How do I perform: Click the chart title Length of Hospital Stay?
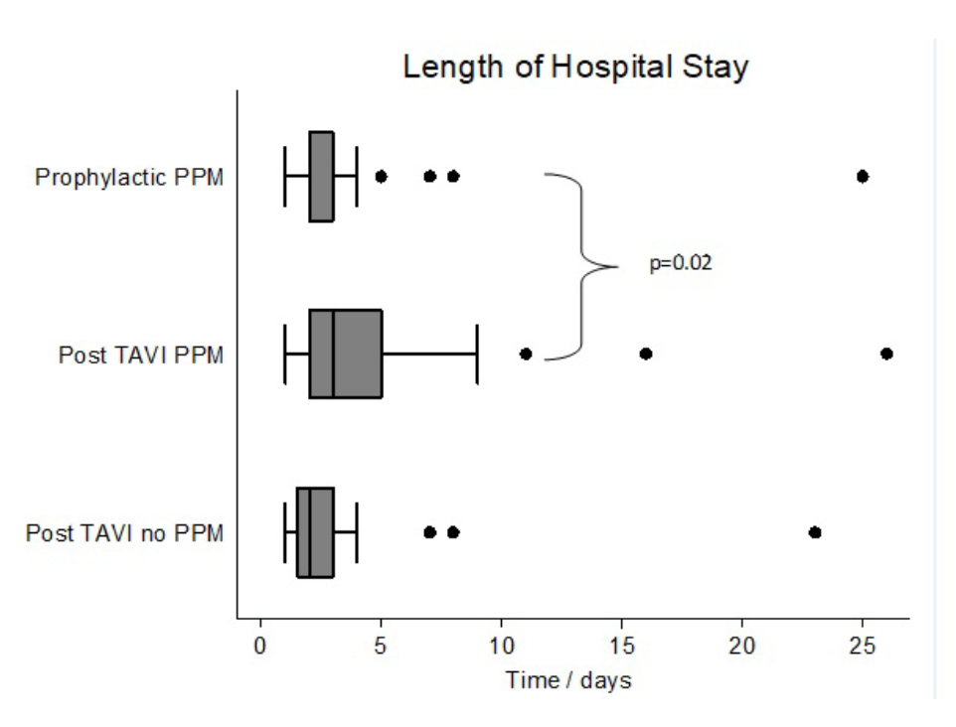pyautogui.click(x=575, y=69)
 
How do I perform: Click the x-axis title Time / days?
pyautogui.click(x=568, y=681)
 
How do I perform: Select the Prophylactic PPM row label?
pyautogui.click(x=129, y=178)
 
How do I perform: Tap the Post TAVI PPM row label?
pyautogui.click(x=140, y=355)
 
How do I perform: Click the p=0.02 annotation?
pyautogui.click(x=681, y=265)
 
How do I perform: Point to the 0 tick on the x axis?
pyautogui.click(x=260, y=645)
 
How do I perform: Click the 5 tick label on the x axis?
pyautogui.click(x=381, y=645)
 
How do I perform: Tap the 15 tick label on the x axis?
pyautogui.click(x=621, y=645)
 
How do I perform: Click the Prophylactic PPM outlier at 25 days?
pyautogui.click(x=863, y=177)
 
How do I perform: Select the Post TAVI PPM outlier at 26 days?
pyautogui.click(x=886, y=354)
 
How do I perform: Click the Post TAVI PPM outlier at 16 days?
pyautogui.click(x=646, y=354)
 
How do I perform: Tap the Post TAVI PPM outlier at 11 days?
pyautogui.click(x=526, y=354)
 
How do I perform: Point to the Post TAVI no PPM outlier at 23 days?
pyautogui.click(x=815, y=532)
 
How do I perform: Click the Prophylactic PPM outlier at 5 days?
pyautogui.click(x=381, y=177)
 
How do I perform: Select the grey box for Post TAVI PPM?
pyautogui.click(x=346, y=354)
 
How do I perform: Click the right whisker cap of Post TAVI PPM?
pyautogui.click(x=477, y=354)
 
